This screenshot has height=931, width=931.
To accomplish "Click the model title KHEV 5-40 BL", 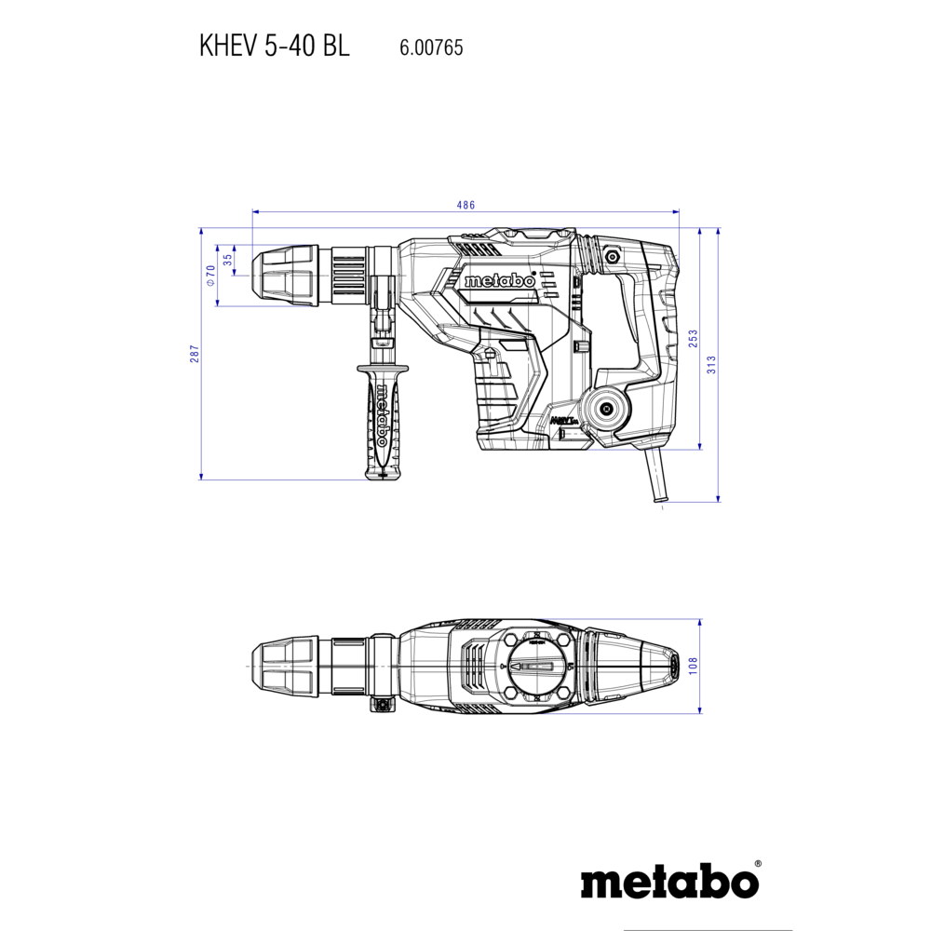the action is click(x=275, y=46).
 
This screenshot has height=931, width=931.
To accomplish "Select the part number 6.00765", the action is click(x=431, y=47).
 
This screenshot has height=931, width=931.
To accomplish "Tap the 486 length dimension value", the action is click(x=465, y=205).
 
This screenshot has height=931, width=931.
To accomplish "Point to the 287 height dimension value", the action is click(x=195, y=354).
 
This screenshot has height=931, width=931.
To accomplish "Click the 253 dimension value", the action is click(x=693, y=339).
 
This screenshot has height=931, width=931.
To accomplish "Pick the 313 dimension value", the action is click(x=711, y=365).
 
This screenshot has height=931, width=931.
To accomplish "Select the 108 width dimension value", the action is click(x=693, y=666).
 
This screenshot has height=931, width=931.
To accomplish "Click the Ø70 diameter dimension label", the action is click(x=210, y=276).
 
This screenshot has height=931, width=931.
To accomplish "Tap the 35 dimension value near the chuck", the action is click(x=228, y=260).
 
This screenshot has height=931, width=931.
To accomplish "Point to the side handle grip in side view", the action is click(x=382, y=421).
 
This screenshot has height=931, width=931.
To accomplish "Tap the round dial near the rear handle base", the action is click(x=606, y=409).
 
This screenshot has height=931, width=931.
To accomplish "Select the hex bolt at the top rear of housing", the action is click(x=611, y=257).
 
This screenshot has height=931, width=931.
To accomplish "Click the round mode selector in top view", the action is click(x=537, y=667).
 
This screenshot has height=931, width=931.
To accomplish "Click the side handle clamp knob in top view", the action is click(x=383, y=706).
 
